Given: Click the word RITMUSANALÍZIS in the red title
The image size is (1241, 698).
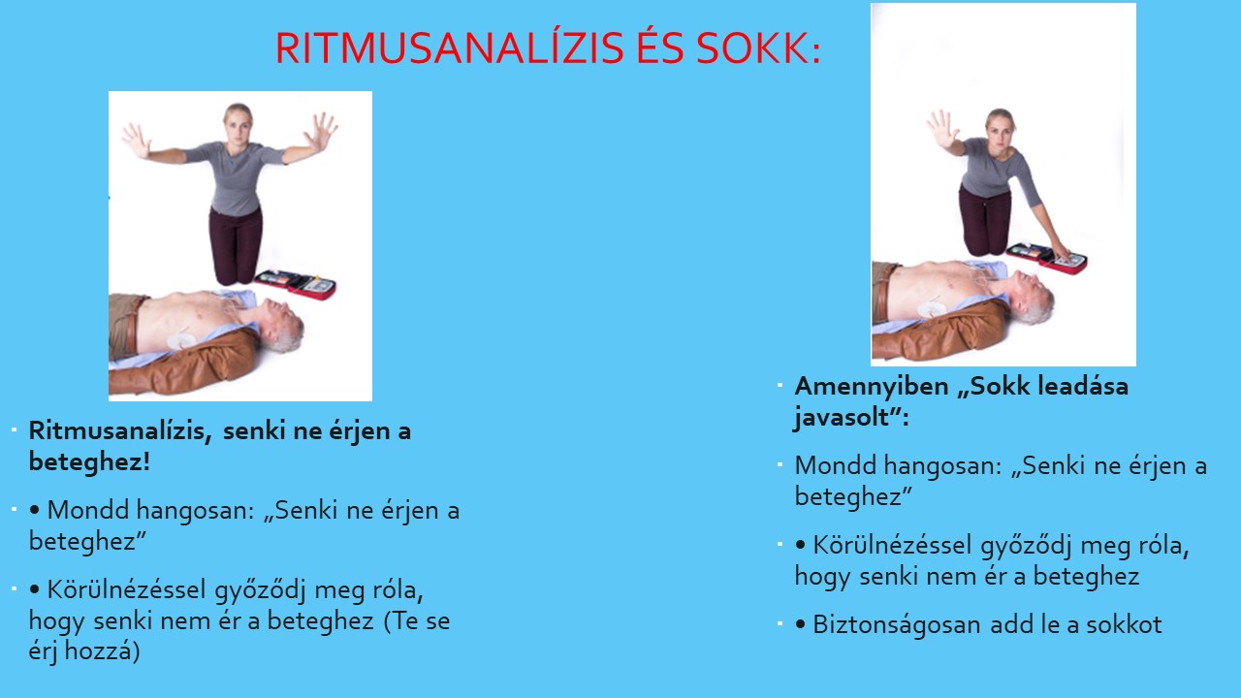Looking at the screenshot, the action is click(x=449, y=48).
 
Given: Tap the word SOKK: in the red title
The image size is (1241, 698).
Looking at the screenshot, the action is click(x=758, y=48).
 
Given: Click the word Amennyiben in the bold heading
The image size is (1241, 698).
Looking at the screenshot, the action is click(x=872, y=386).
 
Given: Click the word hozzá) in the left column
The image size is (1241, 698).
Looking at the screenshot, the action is click(x=103, y=650).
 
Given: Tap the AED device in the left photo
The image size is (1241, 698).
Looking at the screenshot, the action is click(x=297, y=284).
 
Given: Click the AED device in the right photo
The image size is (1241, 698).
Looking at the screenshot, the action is click(x=1046, y=258).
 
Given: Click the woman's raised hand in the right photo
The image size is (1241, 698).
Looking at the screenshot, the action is click(x=941, y=130).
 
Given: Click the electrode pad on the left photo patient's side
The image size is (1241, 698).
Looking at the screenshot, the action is click(x=180, y=339).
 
